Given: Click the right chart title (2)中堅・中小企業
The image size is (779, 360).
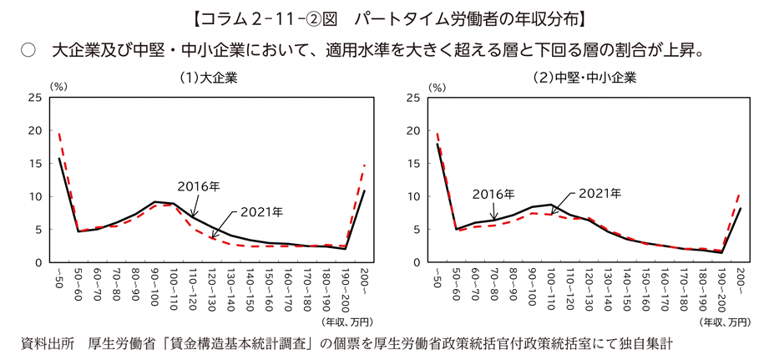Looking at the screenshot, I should point(584,79).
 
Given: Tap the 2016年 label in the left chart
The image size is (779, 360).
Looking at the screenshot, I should point(199,186).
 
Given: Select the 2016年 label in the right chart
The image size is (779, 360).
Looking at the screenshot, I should point(493,194).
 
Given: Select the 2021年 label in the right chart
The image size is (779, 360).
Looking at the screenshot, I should point(599,193).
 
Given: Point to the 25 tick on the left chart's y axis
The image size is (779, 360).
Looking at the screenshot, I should point(35,98).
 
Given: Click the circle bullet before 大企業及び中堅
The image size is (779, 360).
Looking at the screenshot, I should point(28,50).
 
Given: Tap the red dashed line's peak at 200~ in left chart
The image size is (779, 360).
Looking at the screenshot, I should point(365,165).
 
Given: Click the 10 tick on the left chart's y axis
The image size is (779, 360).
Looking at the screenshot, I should point(35,196).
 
